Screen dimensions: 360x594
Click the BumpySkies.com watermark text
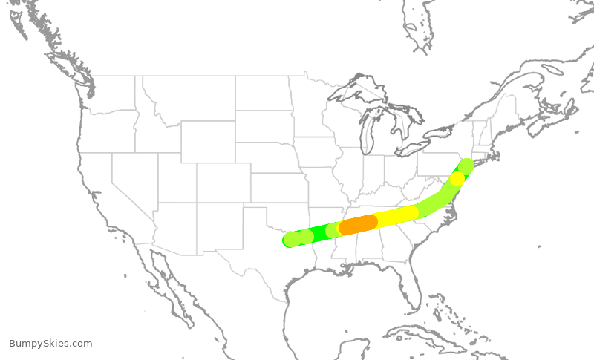50,344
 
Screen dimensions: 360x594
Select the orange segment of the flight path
359,224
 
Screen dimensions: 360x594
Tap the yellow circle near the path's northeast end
457,179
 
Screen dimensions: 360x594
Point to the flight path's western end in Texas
290,240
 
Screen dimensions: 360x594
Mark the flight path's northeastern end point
466,164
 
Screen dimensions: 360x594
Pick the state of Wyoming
208,141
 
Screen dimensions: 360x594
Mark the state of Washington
111,93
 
